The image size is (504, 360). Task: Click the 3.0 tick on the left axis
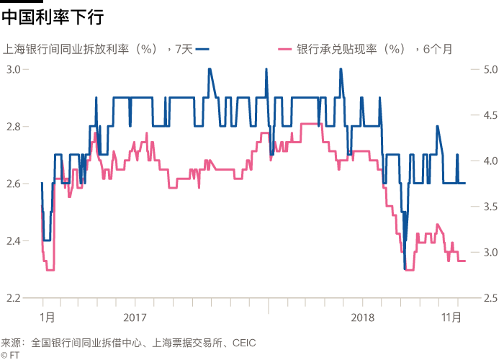[x=17, y=69]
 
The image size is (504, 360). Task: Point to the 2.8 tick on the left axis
[x=17, y=127]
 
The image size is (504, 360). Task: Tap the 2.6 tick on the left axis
[x=17, y=184]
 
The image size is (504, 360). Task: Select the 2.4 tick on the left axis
[x=17, y=240]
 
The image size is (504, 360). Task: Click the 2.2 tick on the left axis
[x=17, y=297]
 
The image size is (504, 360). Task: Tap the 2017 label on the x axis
[x=135, y=316]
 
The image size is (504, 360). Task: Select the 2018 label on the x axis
[x=363, y=316]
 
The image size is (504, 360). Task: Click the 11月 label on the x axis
[x=451, y=316]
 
